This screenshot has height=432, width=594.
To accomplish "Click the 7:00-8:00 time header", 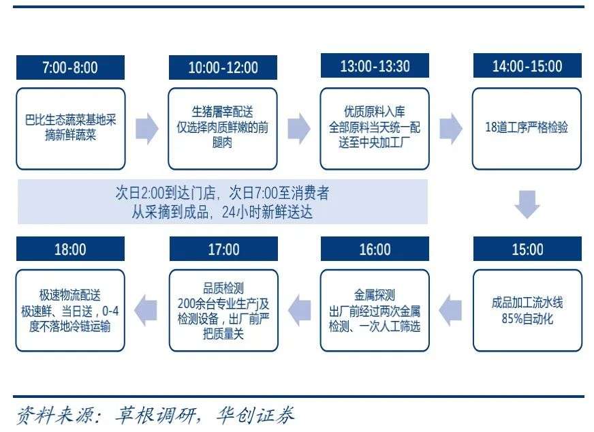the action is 70,67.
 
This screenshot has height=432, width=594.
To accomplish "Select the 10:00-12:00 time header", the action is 223,67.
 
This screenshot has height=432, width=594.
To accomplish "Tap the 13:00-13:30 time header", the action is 375,65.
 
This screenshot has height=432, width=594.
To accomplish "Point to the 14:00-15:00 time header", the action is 527,65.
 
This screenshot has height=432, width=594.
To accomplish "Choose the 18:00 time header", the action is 70,249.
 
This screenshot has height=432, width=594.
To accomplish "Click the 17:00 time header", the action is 223,249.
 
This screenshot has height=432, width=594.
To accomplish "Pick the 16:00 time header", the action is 375,249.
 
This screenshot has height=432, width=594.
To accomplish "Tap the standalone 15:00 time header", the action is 527,249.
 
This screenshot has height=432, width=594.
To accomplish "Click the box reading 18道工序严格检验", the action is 527,129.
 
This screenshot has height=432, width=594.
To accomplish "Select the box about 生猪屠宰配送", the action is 223,129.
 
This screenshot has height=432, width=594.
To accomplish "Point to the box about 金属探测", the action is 375,310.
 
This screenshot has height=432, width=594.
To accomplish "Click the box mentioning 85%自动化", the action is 527,310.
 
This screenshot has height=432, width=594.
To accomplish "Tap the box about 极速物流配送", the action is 70,310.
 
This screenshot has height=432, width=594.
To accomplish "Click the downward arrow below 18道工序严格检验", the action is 527,204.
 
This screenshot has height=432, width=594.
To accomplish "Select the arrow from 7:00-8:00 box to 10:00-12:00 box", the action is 147,129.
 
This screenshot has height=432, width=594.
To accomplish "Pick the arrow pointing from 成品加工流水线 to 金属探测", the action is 450,310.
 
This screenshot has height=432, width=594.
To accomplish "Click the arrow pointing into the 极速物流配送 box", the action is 146,310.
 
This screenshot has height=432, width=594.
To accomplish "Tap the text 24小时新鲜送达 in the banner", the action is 267,212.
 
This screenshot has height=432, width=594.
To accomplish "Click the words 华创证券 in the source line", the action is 255,416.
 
